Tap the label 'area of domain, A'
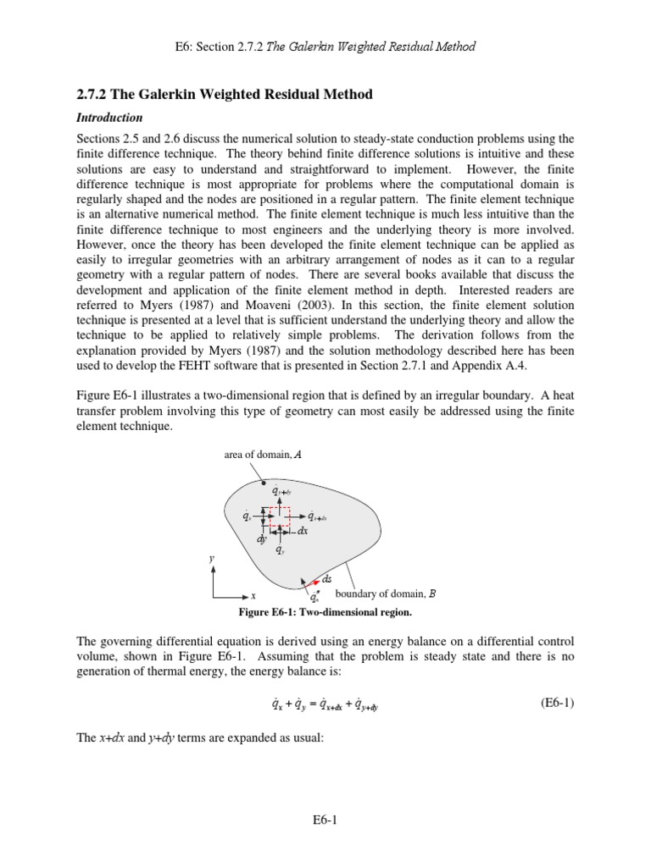(x=263, y=455)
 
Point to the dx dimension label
(x=303, y=531)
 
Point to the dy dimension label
(x=262, y=538)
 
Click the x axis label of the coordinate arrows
(x=253, y=596)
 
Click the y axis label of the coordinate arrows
(x=211, y=559)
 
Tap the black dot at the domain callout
(x=264, y=483)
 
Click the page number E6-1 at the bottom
(x=325, y=820)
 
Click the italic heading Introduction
(x=110, y=118)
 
